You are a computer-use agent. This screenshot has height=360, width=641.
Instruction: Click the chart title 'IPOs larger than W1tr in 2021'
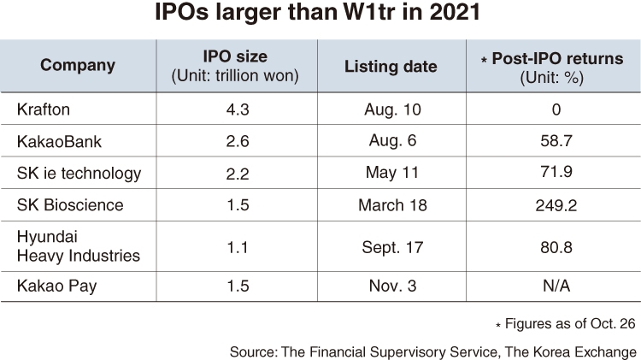317,12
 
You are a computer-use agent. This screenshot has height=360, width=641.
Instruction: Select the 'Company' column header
78,66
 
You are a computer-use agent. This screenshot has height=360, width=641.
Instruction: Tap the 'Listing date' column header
391,67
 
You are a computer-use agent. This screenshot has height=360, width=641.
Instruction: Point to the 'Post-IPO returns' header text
557,58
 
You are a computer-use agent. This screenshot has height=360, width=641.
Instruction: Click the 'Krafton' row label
44,109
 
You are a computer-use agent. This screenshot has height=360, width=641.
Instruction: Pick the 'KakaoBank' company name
59,142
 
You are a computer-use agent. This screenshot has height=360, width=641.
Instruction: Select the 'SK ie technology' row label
79,174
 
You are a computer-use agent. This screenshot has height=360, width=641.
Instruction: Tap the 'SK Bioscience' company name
70,205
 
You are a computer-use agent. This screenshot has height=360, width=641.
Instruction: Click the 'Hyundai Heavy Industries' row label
79,246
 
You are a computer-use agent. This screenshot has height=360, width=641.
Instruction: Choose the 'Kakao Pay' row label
56,286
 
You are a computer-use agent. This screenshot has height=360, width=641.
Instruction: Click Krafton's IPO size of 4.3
238,109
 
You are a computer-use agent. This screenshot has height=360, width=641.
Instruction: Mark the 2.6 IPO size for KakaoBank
238,142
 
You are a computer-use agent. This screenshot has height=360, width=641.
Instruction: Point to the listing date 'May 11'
392,173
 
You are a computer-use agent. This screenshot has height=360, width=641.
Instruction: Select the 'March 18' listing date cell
392,205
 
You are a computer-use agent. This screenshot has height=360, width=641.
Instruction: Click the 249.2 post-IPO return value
556,205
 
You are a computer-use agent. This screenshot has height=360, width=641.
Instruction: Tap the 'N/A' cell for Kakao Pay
556,286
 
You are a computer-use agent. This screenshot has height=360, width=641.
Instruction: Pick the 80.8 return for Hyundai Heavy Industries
556,247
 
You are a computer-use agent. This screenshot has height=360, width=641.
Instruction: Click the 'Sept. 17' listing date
392,247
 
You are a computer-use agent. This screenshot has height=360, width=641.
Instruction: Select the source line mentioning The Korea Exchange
433,351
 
